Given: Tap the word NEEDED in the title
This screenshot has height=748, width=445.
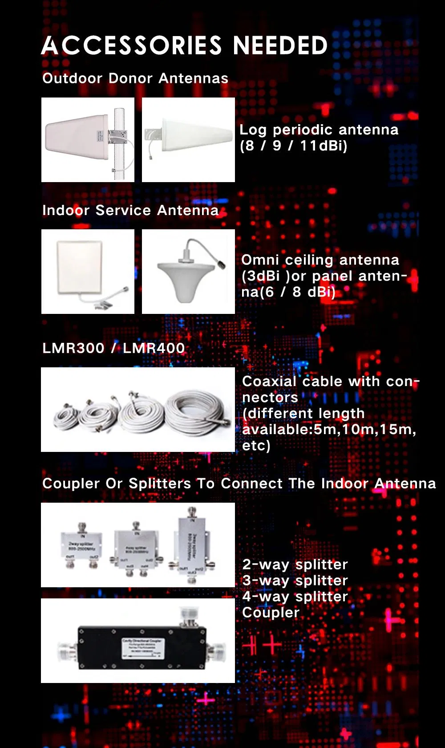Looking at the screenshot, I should pyautogui.click(x=280, y=45).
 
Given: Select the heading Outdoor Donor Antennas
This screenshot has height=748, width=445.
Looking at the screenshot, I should pyautogui.click(x=135, y=78).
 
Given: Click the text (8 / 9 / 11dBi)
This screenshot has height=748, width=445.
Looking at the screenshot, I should pyautogui.click(x=294, y=146).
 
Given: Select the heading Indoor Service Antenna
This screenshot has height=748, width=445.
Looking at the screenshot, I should pyautogui.click(x=130, y=210).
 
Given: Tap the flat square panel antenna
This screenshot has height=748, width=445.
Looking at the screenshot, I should pyautogui.click(x=80, y=267).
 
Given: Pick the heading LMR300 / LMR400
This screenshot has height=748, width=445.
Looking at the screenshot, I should pyautogui.click(x=113, y=348).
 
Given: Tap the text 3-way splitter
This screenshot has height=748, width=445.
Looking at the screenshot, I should pyautogui.click(x=295, y=581).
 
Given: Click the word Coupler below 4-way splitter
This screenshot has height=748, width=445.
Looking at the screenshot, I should pyautogui.click(x=271, y=613).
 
